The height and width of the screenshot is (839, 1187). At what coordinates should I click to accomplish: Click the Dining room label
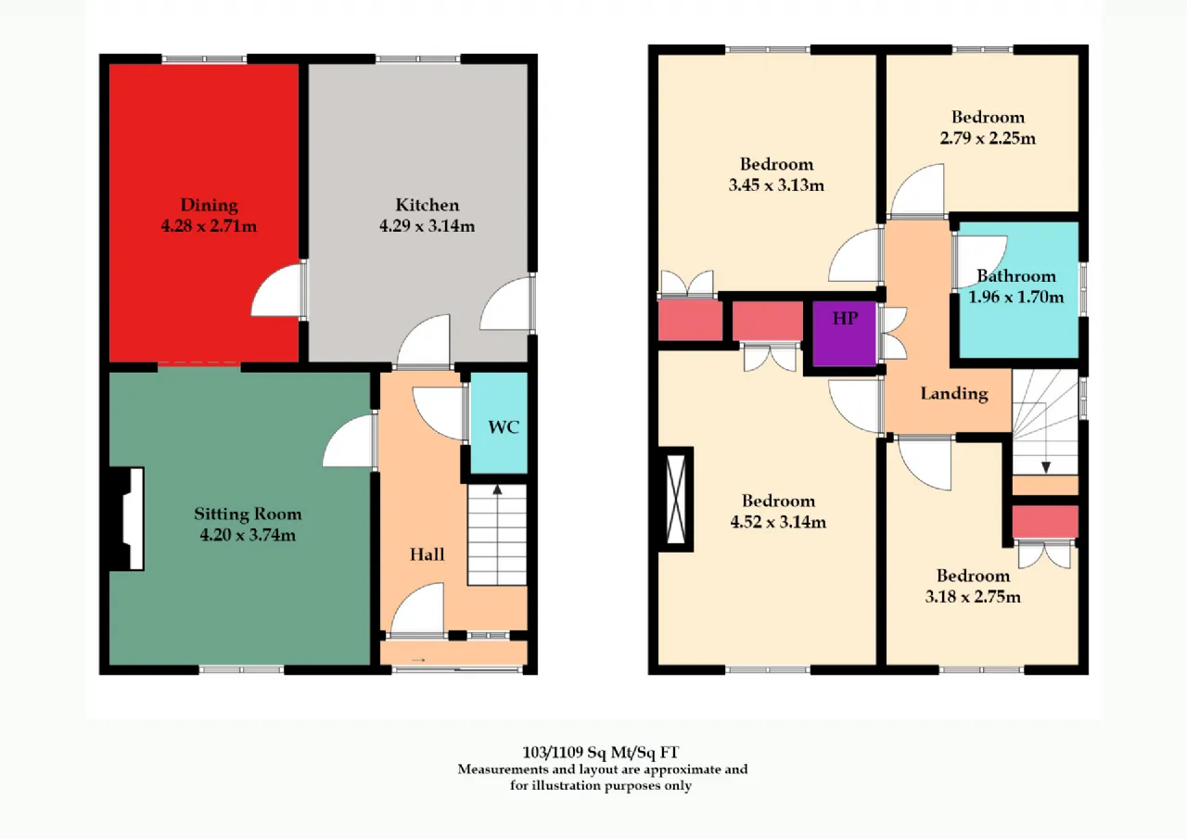coord(210,205)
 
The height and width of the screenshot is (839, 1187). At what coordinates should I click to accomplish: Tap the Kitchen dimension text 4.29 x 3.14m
coord(428,226)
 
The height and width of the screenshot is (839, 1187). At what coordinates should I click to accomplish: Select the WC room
coord(499,423)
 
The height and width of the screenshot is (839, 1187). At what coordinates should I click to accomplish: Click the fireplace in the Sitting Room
coord(127,518)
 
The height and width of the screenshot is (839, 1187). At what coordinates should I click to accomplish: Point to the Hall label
coord(428,554)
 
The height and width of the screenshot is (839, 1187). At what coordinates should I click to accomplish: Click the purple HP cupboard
coord(844,333)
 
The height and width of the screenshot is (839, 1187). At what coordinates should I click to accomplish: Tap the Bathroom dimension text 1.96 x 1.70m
coord(1015,298)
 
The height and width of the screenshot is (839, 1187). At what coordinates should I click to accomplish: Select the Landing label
coord(954,394)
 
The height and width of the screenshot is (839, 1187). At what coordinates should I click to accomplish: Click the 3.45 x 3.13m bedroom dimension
coord(776,185)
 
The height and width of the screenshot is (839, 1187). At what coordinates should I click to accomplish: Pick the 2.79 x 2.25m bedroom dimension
coord(988,138)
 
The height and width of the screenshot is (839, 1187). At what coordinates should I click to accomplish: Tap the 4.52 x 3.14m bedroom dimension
coord(778,522)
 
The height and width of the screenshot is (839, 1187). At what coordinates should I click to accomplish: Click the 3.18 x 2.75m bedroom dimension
coord(973,597)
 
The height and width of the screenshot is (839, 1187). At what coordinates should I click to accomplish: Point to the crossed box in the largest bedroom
coord(676,500)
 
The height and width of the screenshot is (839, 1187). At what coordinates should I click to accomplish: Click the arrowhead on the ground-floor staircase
coord(497,489)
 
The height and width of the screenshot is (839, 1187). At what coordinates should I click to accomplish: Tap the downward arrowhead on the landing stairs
coord(1046,467)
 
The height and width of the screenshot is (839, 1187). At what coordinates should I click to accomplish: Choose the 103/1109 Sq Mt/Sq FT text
coord(600,752)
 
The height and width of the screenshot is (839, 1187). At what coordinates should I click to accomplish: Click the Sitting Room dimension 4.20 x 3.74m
coord(248,535)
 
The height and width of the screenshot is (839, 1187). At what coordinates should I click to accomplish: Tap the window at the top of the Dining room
coord(205,58)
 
